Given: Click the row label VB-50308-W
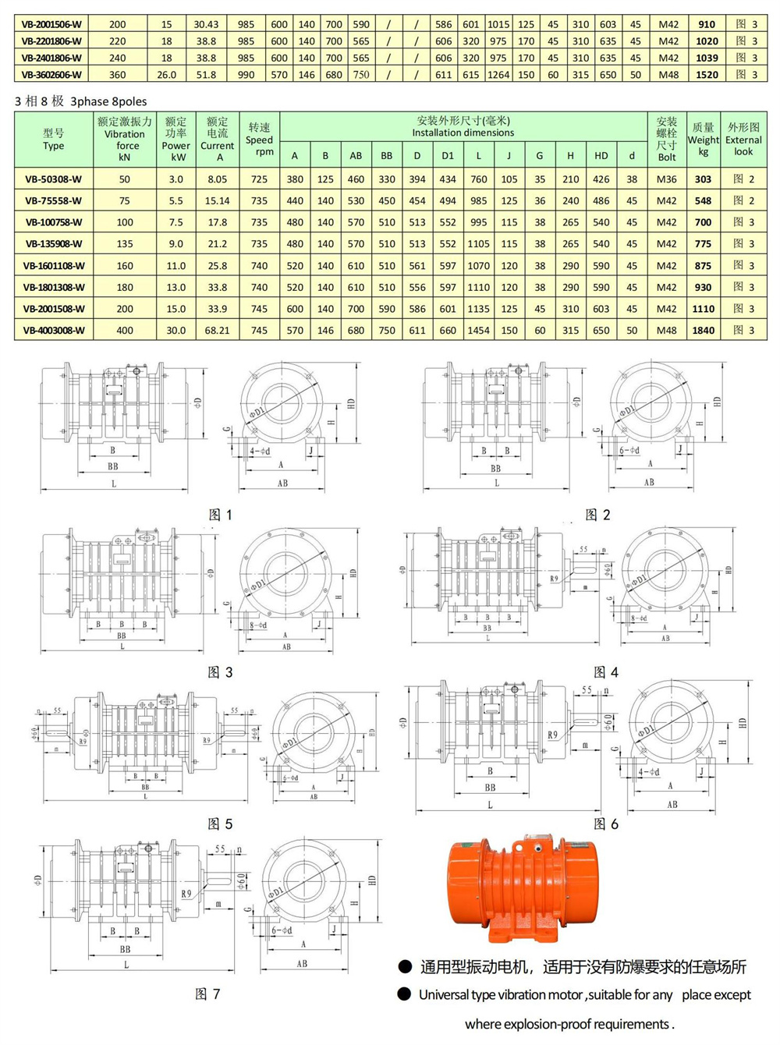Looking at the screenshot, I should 53,179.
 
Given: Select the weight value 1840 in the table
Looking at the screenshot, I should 703,331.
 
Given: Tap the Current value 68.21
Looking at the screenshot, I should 217,331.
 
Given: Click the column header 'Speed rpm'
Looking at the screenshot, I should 259,140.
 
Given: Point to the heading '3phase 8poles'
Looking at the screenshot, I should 108,101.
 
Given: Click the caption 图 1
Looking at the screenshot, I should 221,515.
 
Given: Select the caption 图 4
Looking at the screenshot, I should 605,672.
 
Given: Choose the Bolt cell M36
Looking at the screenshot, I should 666,179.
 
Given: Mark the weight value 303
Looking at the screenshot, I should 703,179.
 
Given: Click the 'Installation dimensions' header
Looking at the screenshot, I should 463,133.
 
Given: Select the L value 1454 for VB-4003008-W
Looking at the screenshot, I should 478,331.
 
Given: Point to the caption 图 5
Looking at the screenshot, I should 220,824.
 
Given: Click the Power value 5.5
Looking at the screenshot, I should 175,201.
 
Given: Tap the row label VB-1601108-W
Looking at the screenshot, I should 53,266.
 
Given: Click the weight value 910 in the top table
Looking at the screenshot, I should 707,24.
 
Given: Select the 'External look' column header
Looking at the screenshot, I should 743,140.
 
